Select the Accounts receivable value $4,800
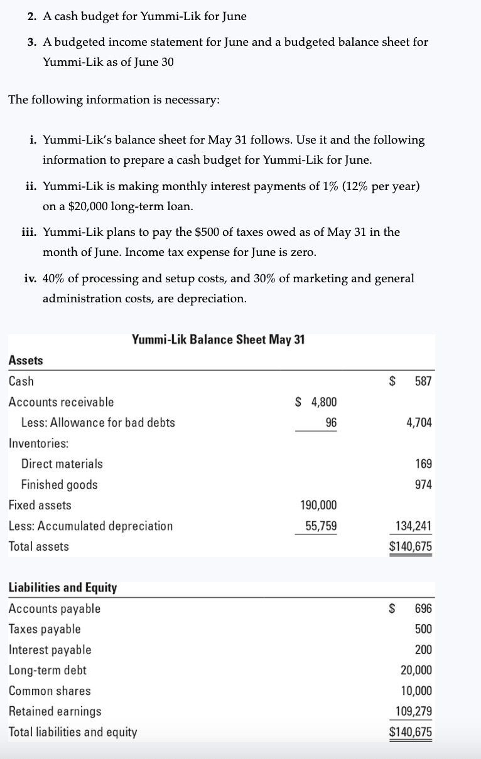[x=316, y=402]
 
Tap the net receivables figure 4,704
[x=419, y=423]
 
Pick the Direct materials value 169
[x=423, y=464]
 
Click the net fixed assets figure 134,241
[x=413, y=526]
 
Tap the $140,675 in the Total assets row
[x=411, y=547]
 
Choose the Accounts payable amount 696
[x=423, y=609]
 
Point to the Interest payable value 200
[x=423, y=650]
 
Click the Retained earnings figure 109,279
[x=413, y=712]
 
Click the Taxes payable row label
[x=45, y=629]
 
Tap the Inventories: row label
[x=39, y=443]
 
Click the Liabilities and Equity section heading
[x=63, y=588]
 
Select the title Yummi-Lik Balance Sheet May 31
[x=219, y=340]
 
